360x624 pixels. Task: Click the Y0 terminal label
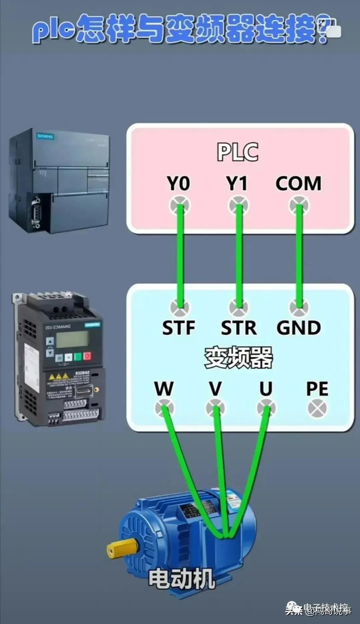(178, 183)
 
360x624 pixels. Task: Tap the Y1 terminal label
(237, 183)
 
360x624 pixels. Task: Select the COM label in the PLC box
(298, 183)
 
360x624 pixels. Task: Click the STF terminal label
(179, 328)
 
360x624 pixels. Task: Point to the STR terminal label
(239, 328)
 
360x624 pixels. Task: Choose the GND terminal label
(299, 328)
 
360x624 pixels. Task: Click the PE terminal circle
(317, 408)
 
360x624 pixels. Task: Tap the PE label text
(317, 389)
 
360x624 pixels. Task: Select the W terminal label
(164, 389)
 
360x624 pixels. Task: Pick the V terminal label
(215, 389)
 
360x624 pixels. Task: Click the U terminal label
(266, 389)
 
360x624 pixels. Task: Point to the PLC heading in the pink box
(238, 152)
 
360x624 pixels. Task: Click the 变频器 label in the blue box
(239, 358)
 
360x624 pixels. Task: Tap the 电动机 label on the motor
(182, 579)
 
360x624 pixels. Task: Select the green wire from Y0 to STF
(180, 257)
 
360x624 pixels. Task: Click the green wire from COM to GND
(299, 257)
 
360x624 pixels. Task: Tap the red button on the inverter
(87, 356)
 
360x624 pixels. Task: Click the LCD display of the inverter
(72, 339)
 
